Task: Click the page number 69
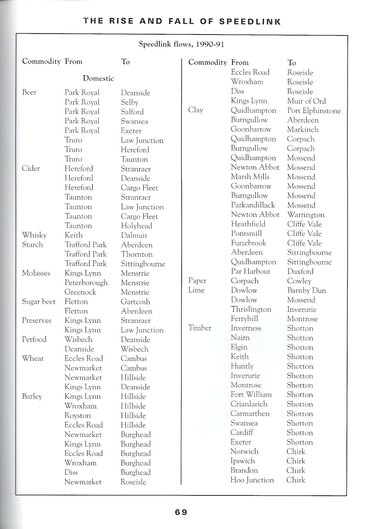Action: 181,512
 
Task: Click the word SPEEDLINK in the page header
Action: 250,21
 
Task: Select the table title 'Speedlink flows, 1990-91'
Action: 182,44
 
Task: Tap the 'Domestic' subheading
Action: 98,78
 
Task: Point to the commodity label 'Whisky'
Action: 34,235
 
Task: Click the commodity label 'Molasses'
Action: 36,273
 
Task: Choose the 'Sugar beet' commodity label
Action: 38,302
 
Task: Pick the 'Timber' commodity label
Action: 199,328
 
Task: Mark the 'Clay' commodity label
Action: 195,110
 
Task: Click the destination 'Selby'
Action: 129,102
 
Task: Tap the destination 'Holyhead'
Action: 136,226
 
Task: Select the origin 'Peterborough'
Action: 86,283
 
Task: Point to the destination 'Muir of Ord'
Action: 306,101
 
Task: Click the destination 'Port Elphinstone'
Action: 314,111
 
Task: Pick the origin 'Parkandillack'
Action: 253,205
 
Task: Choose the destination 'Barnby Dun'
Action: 306,290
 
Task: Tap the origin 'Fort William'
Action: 251,394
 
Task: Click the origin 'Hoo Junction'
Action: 252,480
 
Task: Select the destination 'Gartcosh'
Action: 135,302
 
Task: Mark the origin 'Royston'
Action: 78,415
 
